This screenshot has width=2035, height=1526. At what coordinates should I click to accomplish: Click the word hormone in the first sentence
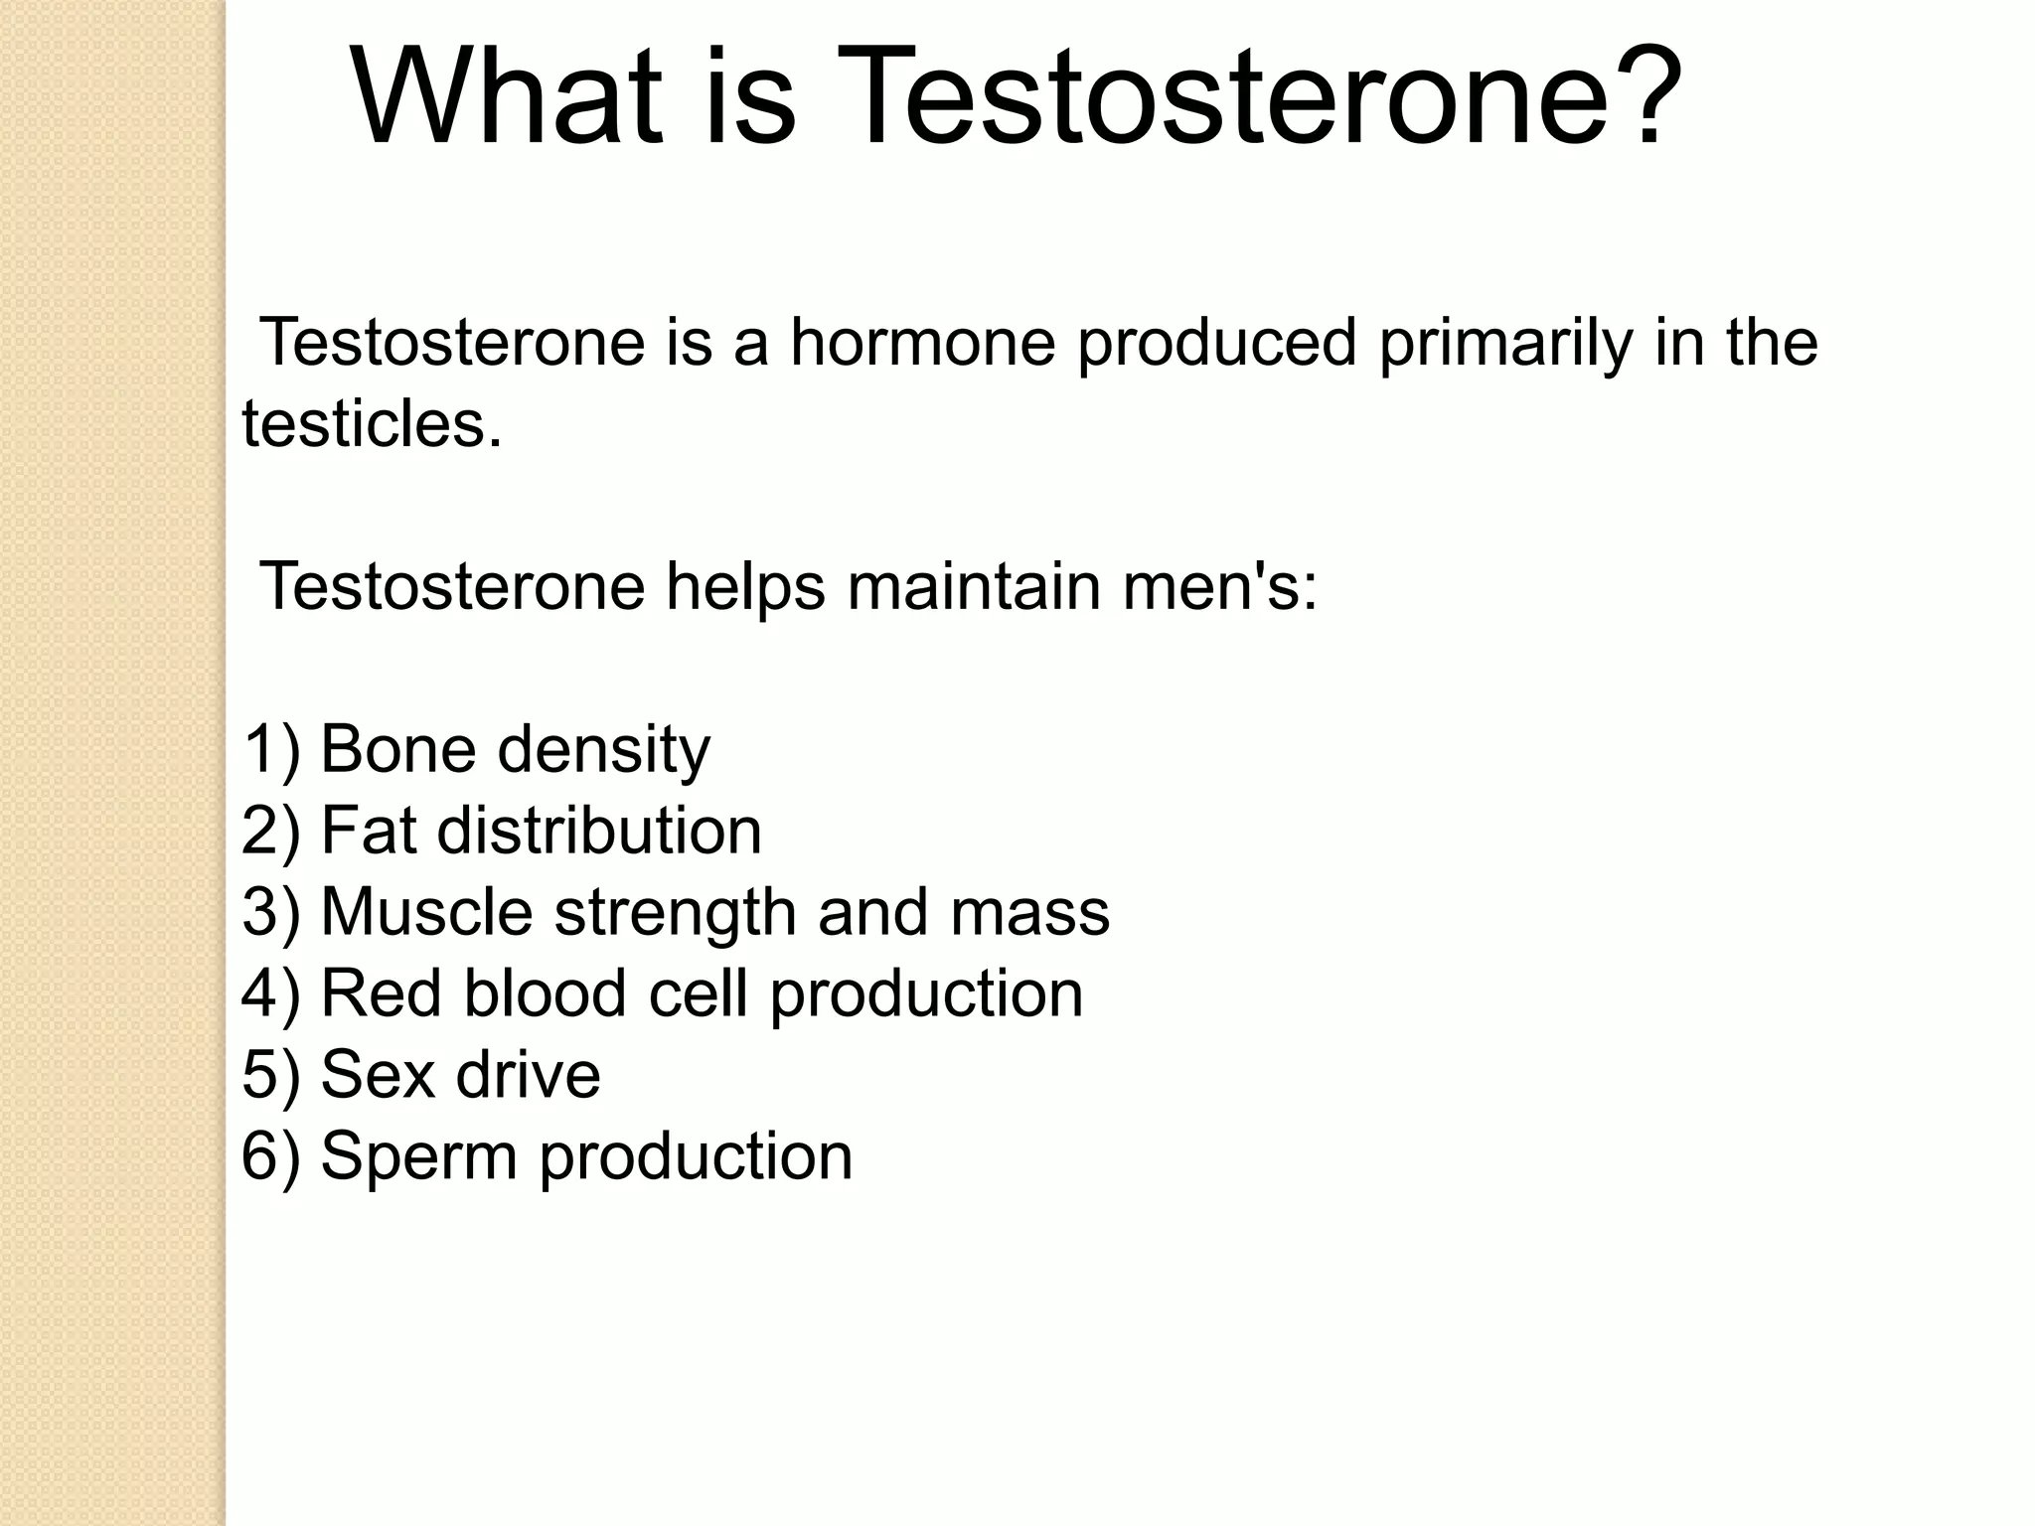tap(922, 342)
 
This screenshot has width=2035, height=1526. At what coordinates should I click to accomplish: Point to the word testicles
tap(372, 424)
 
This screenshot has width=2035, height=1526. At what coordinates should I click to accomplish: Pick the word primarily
tap(1505, 344)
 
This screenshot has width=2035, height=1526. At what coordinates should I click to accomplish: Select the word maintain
tap(974, 587)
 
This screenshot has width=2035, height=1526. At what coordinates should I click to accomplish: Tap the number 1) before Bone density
tap(270, 750)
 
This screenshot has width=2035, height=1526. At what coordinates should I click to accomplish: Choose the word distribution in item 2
tap(599, 832)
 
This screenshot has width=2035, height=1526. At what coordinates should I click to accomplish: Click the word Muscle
tap(427, 913)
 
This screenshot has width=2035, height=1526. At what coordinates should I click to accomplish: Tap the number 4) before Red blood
tap(270, 994)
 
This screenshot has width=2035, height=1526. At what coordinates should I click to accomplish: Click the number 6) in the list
tap(270, 1157)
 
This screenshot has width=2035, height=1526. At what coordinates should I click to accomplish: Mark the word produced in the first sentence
tap(1217, 344)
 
